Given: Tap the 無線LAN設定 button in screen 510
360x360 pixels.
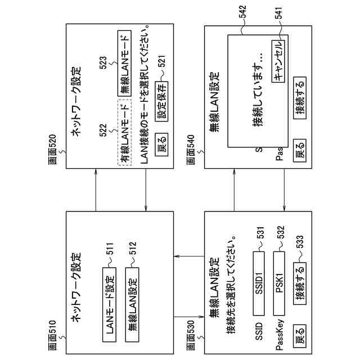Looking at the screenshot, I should (x=132, y=299).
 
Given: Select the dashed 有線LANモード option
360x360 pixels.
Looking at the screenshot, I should (x=124, y=133).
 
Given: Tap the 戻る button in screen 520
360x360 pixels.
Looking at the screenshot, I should (x=161, y=139).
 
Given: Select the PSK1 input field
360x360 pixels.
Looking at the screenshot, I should (x=280, y=282).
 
